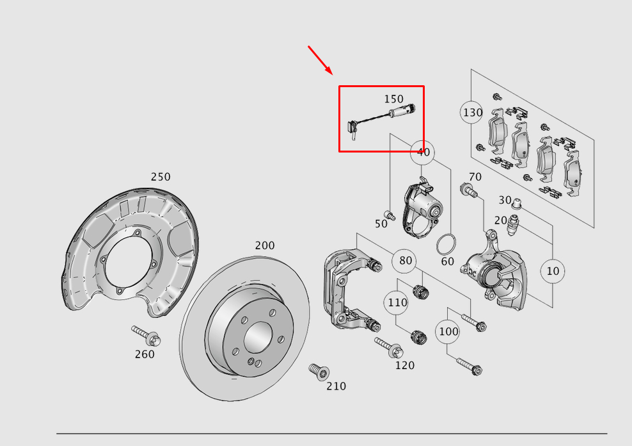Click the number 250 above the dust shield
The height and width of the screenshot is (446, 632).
(161, 177)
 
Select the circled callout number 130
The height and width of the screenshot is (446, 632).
(472, 112)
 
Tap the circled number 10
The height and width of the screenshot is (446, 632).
(553, 271)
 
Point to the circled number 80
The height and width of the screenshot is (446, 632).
(405, 261)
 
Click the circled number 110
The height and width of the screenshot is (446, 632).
(397, 302)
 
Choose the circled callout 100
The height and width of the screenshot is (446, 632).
(448, 331)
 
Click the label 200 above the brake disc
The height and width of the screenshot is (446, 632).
(265, 245)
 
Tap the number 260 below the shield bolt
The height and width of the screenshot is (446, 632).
(145, 354)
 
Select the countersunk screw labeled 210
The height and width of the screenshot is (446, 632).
(319, 372)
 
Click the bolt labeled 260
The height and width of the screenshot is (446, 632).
(146, 336)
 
